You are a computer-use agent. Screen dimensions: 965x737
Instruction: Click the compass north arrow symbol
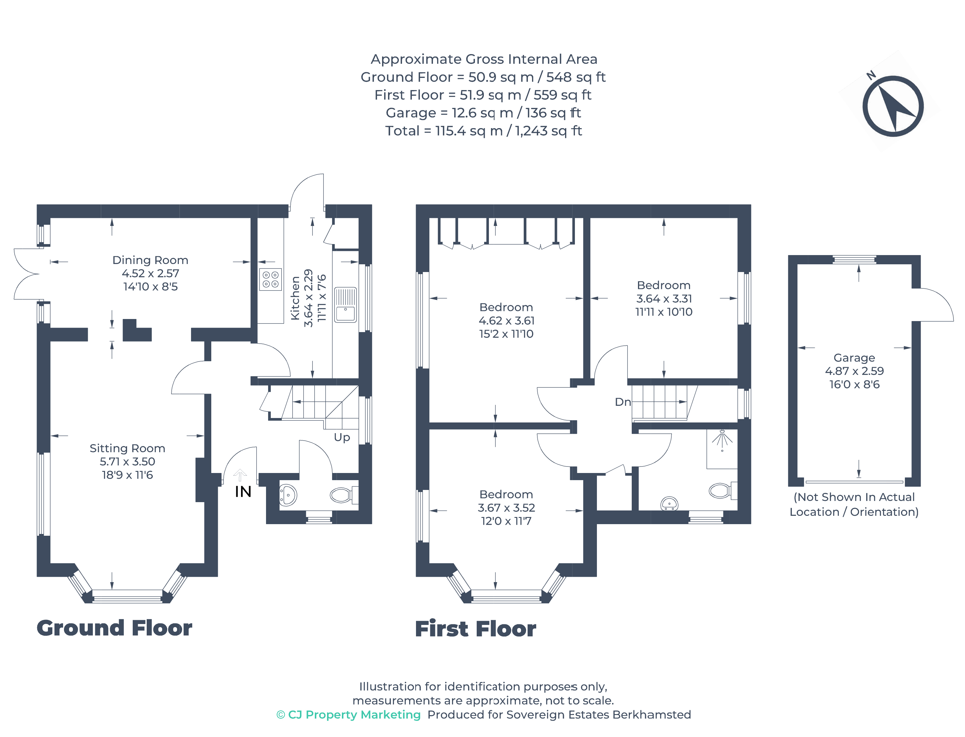coord(893,106)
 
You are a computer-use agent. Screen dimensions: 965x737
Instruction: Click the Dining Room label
coord(150,260)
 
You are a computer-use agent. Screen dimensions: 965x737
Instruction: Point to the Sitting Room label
coord(127,448)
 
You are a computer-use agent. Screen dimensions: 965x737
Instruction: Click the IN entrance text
coord(243,492)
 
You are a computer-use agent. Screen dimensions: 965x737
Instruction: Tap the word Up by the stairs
coord(342,437)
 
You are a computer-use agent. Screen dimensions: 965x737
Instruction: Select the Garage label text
coord(854,358)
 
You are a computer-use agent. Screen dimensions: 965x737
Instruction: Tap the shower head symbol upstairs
coord(722,440)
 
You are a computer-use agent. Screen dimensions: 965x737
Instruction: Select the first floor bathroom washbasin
coord(670,504)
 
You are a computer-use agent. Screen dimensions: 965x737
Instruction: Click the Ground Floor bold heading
coord(115,628)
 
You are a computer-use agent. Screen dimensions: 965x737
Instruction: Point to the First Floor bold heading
coord(476,629)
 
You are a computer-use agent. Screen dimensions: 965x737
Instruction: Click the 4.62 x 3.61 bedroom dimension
coord(506,321)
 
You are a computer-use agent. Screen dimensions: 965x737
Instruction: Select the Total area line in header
coord(483,131)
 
